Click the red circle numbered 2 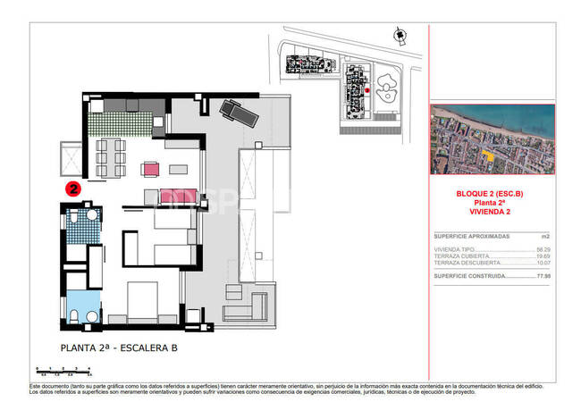point(73,188)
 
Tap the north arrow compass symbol point(397,34)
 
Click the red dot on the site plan point(366,90)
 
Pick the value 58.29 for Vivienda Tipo point(542,249)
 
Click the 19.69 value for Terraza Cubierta point(542,256)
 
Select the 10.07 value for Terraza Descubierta point(542,264)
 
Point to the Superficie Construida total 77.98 point(542,277)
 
